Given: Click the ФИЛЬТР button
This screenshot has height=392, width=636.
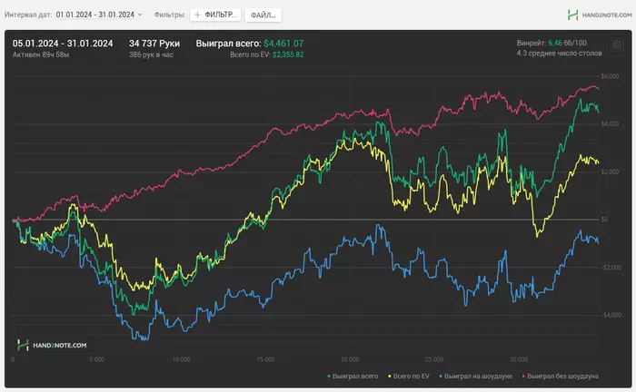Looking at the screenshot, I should coord(217,15).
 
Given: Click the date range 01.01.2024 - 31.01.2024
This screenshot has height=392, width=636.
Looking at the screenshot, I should coord(94,15).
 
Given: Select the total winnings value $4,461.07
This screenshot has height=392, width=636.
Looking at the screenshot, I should coord(283,43).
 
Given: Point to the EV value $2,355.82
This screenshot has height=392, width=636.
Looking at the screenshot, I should coord(288,54).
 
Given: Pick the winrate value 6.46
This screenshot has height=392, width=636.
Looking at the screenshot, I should coord(555,43).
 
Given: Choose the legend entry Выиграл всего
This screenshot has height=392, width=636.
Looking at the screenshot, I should coord(353,375).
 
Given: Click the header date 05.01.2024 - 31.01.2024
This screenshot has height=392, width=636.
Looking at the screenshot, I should coord(63,43).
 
